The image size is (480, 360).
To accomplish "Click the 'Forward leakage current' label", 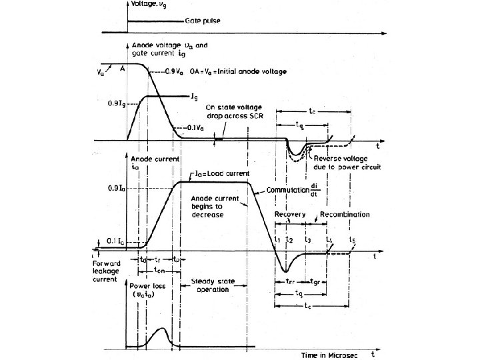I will [101, 271].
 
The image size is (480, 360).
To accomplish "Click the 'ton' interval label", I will [157, 270].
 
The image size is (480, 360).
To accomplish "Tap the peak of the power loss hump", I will [162, 328].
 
